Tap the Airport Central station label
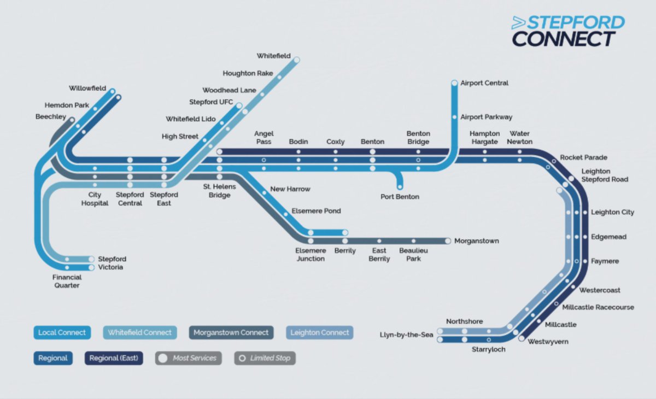pyautogui.click(x=484, y=83)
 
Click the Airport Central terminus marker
pyautogui.click(x=454, y=83)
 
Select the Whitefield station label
pyautogui.click(x=274, y=56)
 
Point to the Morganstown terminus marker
pyautogui.click(x=448, y=240)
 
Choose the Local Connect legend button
pyautogui.click(x=62, y=332)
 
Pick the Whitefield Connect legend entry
pyautogui.click(x=139, y=332)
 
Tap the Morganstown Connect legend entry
pyautogui.click(x=231, y=332)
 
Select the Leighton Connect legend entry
pyautogui.click(x=320, y=332)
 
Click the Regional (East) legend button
pyautogui.click(x=114, y=359)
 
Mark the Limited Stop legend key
pyautogui.click(x=265, y=359)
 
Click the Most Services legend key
pyautogui.click(x=189, y=359)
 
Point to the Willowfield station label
pyautogui.click(x=87, y=88)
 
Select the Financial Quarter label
pyautogui.click(x=67, y=281)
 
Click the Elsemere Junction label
pyautogui.click(x=311, y=254)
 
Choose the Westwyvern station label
pyautogui.click(x=548, y=342)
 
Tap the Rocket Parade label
pyautogui.click(x=583, y=157)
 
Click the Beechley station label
pyautogui.click(x=50, y=117)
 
